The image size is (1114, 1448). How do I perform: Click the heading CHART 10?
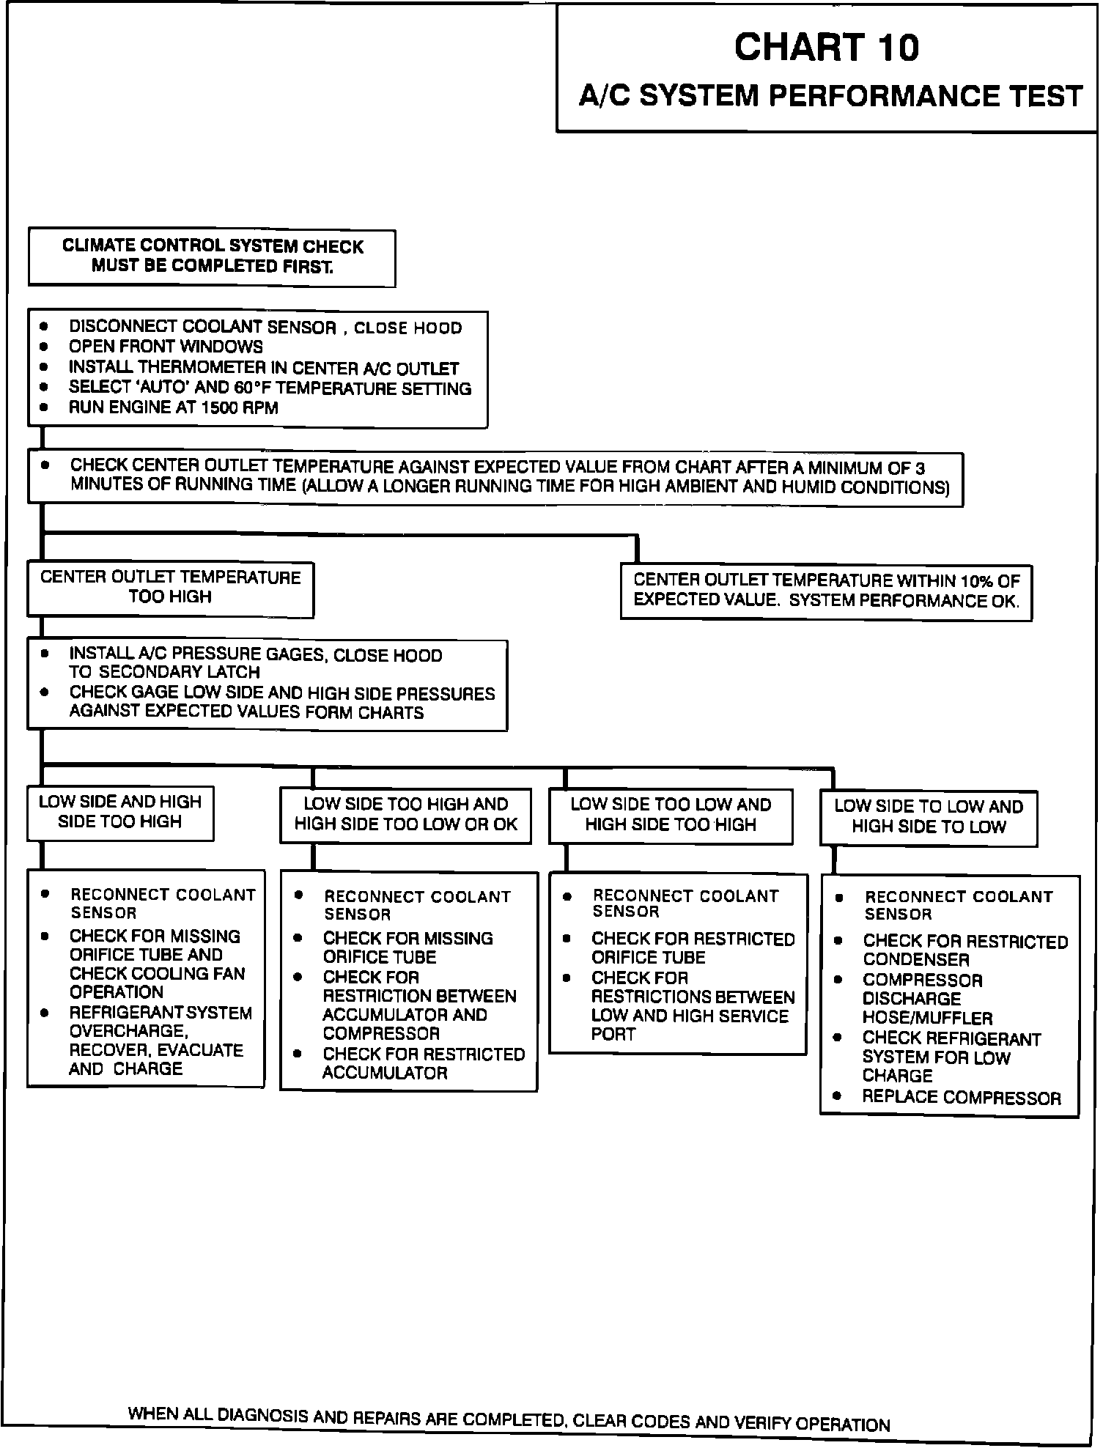pyautogui.click(x=826, y=48)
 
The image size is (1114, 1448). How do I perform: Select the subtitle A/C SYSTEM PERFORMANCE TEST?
pyautogui.click(x=830, y=96)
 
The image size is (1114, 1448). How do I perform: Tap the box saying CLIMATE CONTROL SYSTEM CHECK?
pyautogui.click(x=212, y=256)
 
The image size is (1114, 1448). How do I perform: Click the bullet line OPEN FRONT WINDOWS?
pyautogui.click(x=166, y=347)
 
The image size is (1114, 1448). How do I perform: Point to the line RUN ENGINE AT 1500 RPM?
pyautogui.click(x=174, y=408)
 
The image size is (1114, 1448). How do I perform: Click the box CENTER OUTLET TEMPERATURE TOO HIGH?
pyautogui.click(x=170, y=588)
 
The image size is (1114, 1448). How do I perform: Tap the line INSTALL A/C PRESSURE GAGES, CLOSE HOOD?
pyautogui.click(x=256, y=655)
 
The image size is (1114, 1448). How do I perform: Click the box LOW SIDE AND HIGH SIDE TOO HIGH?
pyautogui.click(x=120, y=812)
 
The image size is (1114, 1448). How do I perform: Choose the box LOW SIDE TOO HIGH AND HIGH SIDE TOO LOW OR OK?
pyautogui.click(x=405, y=814)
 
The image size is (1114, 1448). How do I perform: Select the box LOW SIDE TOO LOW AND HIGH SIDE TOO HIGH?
pyautogui.click(x=671, y=815)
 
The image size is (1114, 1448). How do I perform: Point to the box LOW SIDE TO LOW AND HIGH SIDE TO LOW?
pyautogui.click(x=929, y=817)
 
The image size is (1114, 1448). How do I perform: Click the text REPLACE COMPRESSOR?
pyautogui.click(x=962, y=1098)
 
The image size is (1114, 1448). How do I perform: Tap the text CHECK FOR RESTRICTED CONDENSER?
pyautogui.click(x=964, y=950)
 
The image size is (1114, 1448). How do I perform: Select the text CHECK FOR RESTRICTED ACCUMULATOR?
pyautogui.click(x=424, y=1063)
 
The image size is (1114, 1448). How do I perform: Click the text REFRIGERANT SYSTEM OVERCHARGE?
pyautogui.click(x=161, y=1022)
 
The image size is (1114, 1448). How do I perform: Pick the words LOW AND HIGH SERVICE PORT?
pyautogui.click(x=690, y=1024)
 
